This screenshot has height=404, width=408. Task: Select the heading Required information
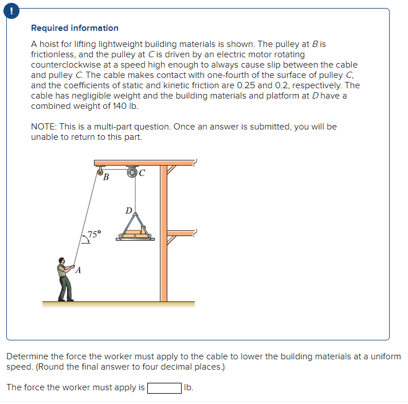[x=74, y=28]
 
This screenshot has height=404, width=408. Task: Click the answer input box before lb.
[x=164, y=388]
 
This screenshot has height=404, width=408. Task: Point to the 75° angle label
[x=93, y=234]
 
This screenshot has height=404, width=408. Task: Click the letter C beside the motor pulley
[x=142, y=171]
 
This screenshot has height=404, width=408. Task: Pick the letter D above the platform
[x=129, y=210]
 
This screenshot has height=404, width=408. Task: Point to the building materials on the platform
[x=135, y=233]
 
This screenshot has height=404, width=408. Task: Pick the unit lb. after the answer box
[x=189, y=388]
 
